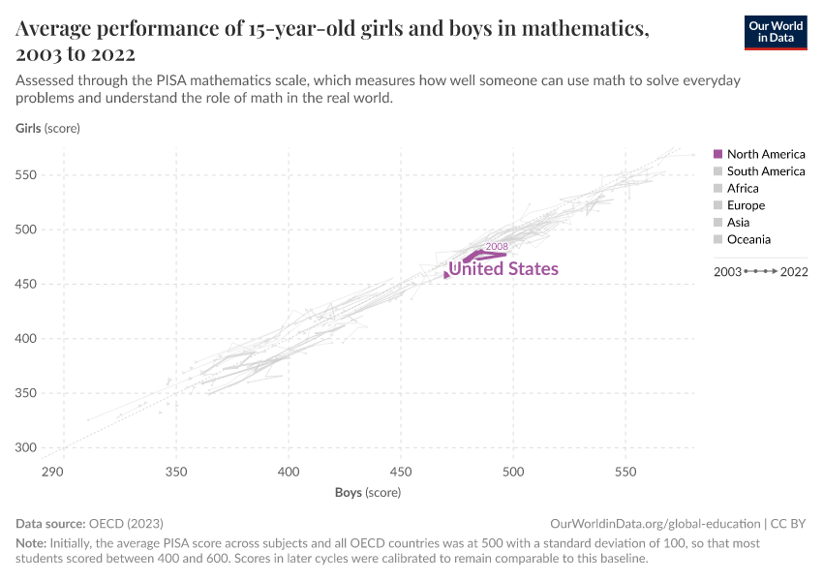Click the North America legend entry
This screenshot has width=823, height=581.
(x=765, y=154)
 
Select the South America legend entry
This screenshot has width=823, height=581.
(x=765, y=171)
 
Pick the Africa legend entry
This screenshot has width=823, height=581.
(x=743, y=188)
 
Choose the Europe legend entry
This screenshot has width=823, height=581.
(x=746, y=205)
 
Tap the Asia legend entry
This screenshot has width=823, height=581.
(x=738, y=223)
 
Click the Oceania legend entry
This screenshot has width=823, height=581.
(x=748, y=239)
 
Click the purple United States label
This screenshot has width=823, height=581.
(x=503, y=269)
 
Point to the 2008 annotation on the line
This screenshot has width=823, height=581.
(x=497, y=247)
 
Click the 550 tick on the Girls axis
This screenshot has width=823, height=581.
(x=28, y=175)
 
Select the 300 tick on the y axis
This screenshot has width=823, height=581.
(x=28, y=447)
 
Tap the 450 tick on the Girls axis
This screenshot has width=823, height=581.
(x=28, y=284)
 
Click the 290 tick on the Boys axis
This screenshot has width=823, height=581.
(x=52, y=471)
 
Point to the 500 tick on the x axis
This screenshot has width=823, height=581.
(x=513, y=471)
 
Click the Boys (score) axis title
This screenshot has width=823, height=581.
(x=368, y=492)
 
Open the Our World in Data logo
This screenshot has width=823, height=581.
(x=775, y=32)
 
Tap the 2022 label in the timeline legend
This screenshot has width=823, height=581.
(x=793, y=272)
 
